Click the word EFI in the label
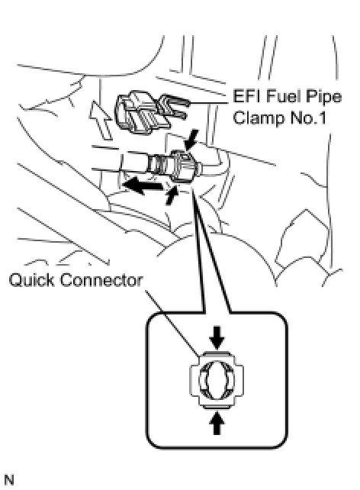[x=245, y=96]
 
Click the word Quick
[x=32, y=280]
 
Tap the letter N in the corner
[x=9, y=480]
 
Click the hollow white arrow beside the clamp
[x=101, y=120]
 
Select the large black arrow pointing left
[x=142, y=185]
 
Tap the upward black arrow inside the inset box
[x=217, y=422]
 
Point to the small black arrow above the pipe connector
[x=191, y=140]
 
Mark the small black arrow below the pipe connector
[x=172, y=195]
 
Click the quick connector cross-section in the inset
[x=217, y=380]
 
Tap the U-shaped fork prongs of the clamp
[x=175, y=106]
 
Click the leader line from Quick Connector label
[x=172, y=324]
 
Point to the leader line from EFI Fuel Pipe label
[x=208, y=102]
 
